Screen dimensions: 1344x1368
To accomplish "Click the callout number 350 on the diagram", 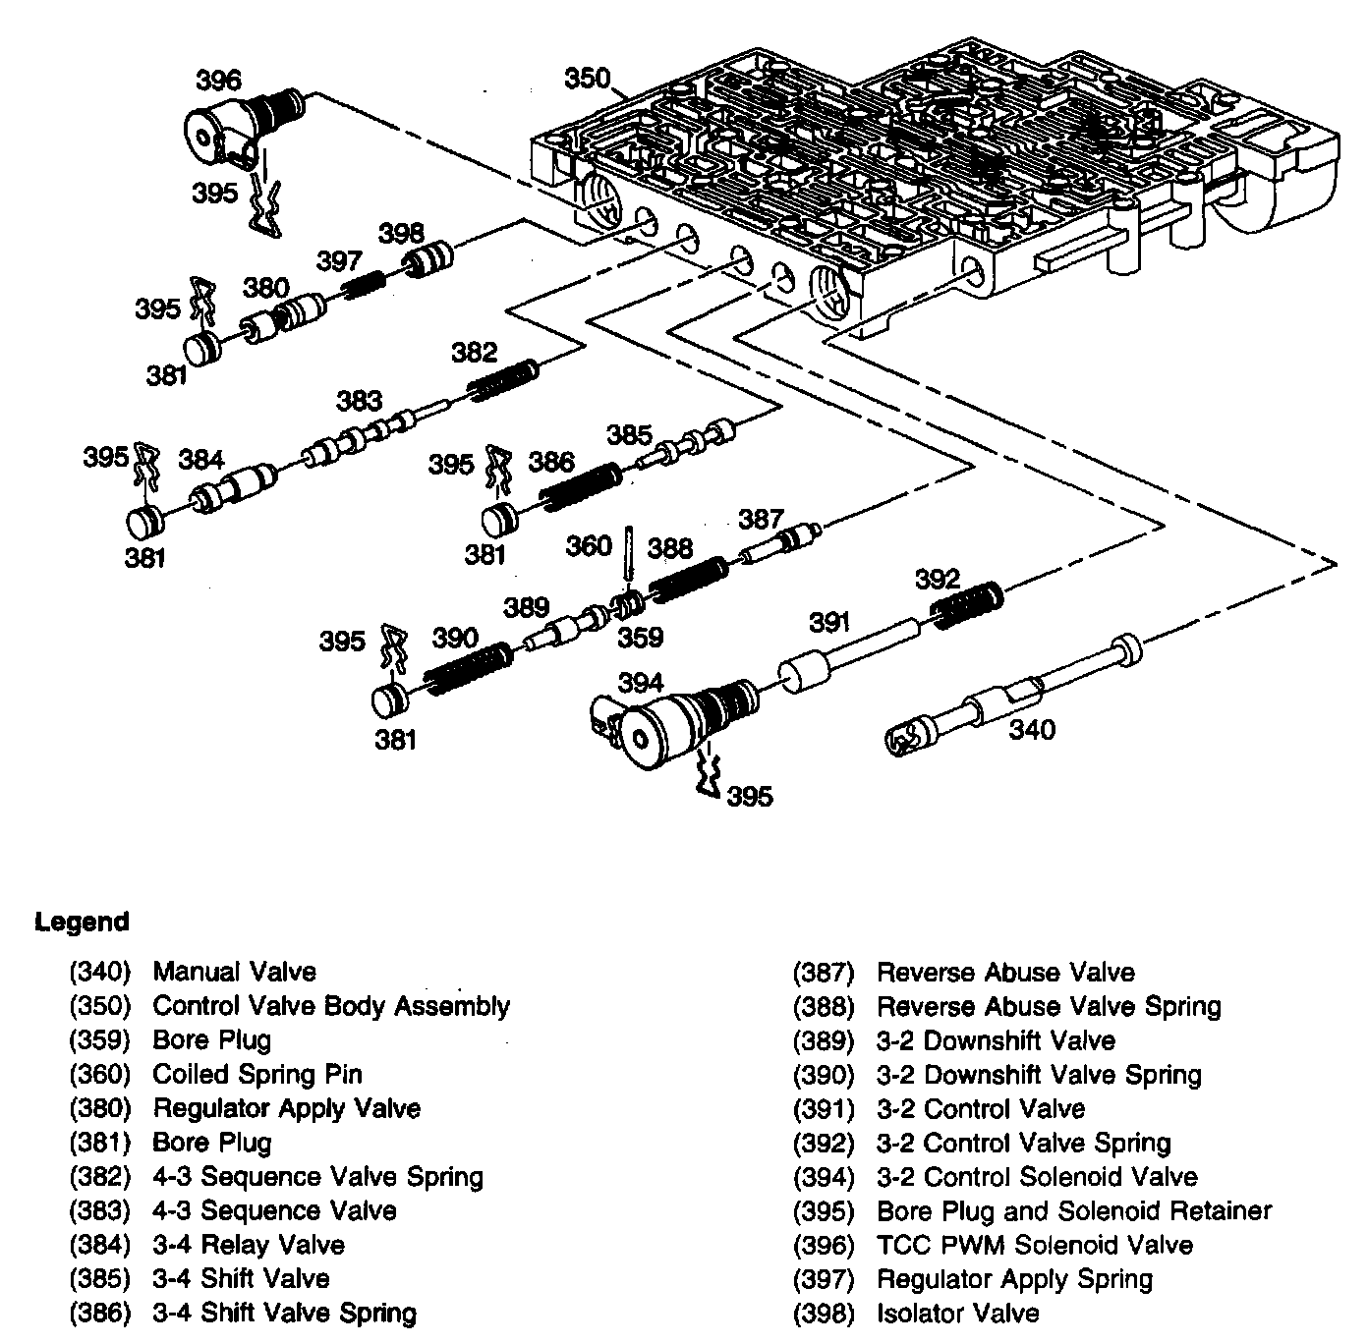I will pos(588,78).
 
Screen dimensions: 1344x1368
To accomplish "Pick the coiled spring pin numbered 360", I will pos(628,561).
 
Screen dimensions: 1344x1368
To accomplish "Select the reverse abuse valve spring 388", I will pos(687,579).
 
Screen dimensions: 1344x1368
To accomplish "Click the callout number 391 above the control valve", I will pos(830,621).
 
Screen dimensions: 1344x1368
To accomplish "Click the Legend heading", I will pos(82,923).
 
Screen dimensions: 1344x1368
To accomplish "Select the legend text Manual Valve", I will pos(234,973).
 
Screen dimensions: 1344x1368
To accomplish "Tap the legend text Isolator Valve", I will pos(957,1314).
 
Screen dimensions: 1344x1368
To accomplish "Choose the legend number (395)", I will pos(824,1211).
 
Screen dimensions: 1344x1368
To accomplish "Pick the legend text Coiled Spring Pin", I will pos(257,1075).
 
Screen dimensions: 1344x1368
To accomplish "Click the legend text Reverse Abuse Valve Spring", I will pos(1048,1007).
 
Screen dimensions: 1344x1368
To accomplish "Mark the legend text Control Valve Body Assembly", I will pos(331,1006).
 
